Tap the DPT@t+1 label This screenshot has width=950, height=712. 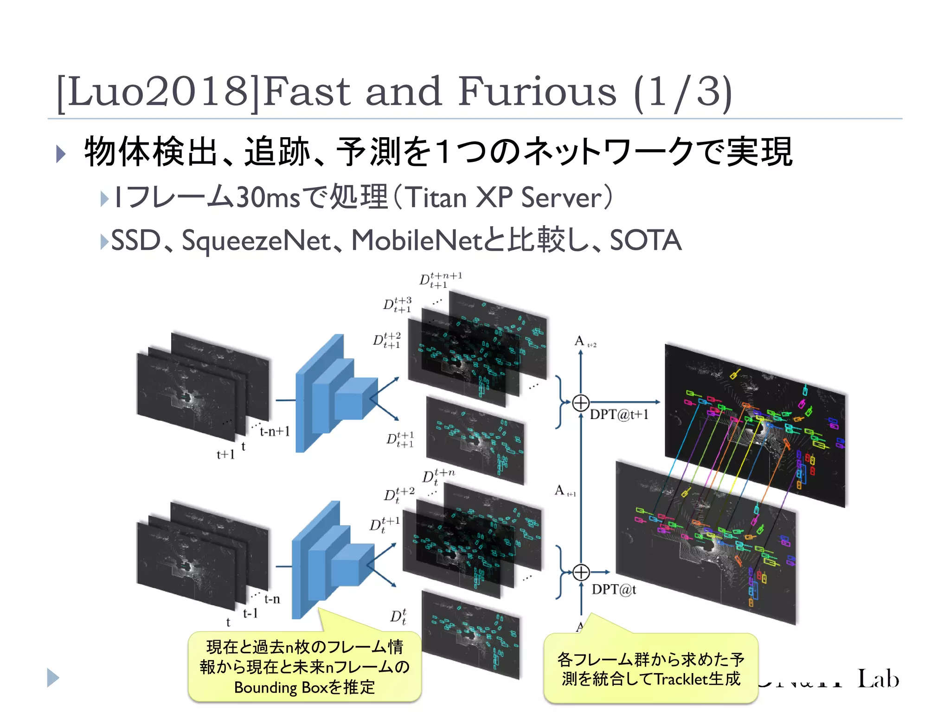pyautogui.click(x=619, y=414)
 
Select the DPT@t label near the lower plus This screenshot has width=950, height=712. pyautogui.click(x=614, y=590)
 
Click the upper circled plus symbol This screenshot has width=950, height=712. pyautogui.click(x=581, y=403)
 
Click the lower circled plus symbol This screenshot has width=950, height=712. pyautogui.click(x=581, y=572)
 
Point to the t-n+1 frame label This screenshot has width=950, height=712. pyautogui.click(x=275, y=432)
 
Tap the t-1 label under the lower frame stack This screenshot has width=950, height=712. pyautogui.click(x=250, y=614)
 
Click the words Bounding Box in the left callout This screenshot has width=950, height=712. pyautogui.click(x=281, y=687)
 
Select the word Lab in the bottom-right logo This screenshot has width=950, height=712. pyautogui.click(x=878, y=679)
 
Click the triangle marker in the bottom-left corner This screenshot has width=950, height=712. pyautogui.click(x=53, y=678)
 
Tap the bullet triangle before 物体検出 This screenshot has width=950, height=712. pyautogui.click(x=61, y=153)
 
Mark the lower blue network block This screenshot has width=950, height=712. pyautogui.click(x=330, y=561)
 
